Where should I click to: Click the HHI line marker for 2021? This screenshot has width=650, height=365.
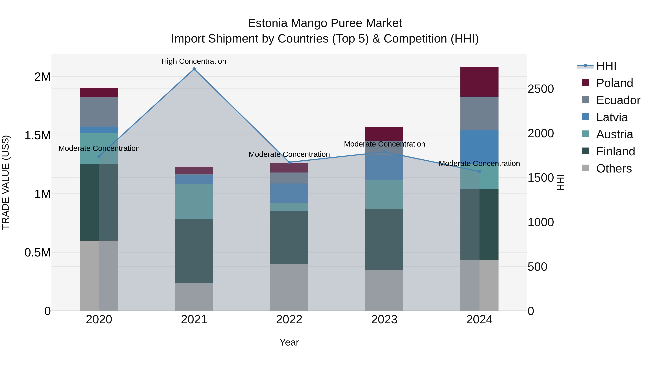[x=194, y=69]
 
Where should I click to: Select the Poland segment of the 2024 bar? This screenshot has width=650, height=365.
[x=479, y=82]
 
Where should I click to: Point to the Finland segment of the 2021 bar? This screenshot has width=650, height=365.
[x=194, y=251]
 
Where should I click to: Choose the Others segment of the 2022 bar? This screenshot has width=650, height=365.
[x=289, y=287]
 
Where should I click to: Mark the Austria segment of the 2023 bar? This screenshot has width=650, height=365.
[x=384, y=194]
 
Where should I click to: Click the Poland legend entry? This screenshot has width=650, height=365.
[x=614, y=83]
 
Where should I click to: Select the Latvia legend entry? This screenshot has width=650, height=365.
[x=612, y=117]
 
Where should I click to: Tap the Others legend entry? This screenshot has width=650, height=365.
[x=614, y=169]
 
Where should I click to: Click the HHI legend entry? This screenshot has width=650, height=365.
[x=606, y=66]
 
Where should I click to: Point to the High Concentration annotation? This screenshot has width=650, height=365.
[x=194, y=61]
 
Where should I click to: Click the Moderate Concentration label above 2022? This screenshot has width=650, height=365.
[x=289, y=154]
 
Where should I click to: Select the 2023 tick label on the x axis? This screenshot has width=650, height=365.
[x=384, y=320]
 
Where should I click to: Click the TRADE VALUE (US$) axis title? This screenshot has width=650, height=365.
[x=6, y=182]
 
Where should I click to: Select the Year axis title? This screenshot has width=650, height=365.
[x=289, y=342]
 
